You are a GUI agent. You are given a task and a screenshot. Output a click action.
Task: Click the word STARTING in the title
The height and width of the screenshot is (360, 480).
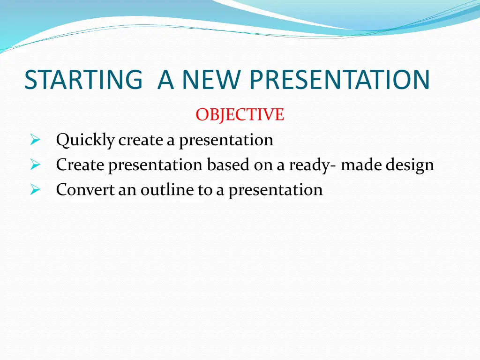83,80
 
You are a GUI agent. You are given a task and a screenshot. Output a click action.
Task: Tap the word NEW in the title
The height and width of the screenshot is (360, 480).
211,80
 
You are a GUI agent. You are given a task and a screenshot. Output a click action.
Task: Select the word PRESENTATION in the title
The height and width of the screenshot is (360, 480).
340,80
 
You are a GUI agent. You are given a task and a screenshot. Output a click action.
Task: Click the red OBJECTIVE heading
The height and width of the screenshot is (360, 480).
240,115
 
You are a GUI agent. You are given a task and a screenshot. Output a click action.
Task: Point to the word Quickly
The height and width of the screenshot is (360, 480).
85,141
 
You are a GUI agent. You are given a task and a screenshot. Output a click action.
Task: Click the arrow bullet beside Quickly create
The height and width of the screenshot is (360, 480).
35,140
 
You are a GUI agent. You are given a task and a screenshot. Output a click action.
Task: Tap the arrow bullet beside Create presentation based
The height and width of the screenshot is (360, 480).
35,165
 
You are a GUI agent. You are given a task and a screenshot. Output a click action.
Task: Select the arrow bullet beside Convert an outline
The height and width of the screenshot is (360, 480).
35,190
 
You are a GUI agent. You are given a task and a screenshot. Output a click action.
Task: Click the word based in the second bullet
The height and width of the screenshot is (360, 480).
228,165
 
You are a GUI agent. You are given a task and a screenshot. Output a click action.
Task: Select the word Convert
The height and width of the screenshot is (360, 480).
85,189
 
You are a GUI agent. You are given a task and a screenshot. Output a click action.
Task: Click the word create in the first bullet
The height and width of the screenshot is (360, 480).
141,141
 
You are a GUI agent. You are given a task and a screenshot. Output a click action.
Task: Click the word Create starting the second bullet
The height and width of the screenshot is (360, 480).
80,165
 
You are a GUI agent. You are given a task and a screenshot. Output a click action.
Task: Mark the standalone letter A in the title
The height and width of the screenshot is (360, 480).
165,80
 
